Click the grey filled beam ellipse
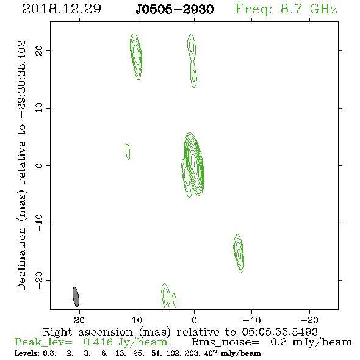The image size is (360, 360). (76, 297)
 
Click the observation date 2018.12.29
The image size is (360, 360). (62, 9)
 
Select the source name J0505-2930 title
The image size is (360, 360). (175, 9)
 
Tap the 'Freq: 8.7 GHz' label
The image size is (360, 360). (286, 9)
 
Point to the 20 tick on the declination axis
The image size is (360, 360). (39, 51)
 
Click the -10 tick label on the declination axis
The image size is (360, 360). (39, 223)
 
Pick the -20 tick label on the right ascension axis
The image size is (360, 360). (309, 320)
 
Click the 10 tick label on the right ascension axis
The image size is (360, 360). (137, 320)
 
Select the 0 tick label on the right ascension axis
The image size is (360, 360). (194, 320)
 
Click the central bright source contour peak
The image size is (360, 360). (194, 164)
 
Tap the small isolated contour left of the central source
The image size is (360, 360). (128, 152)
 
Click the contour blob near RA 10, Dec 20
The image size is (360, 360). (136, 57)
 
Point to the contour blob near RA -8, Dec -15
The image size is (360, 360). (239, 253)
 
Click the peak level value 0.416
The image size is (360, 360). (98, 342)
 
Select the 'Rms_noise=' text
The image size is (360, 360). (225, 342)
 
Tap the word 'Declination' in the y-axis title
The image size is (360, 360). (21, 259)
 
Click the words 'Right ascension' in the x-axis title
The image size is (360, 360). (88, 332)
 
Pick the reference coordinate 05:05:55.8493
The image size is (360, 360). (280, 332)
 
